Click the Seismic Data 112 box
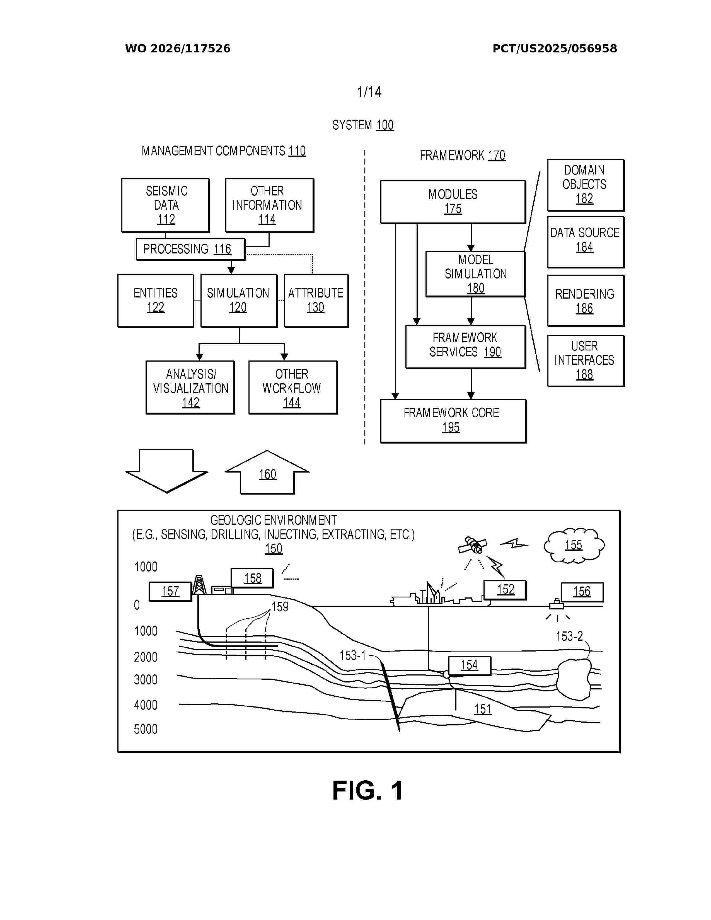(x=166, y=205)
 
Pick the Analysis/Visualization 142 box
(x=190, y=388)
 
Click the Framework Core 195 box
(x=453, y=421)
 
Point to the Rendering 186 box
(x=586, y=301)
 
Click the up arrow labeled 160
(x=267, y=472)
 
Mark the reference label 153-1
(x=352, y=655)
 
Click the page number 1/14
(x=369, y=92)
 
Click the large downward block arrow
(x=167, y=471)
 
